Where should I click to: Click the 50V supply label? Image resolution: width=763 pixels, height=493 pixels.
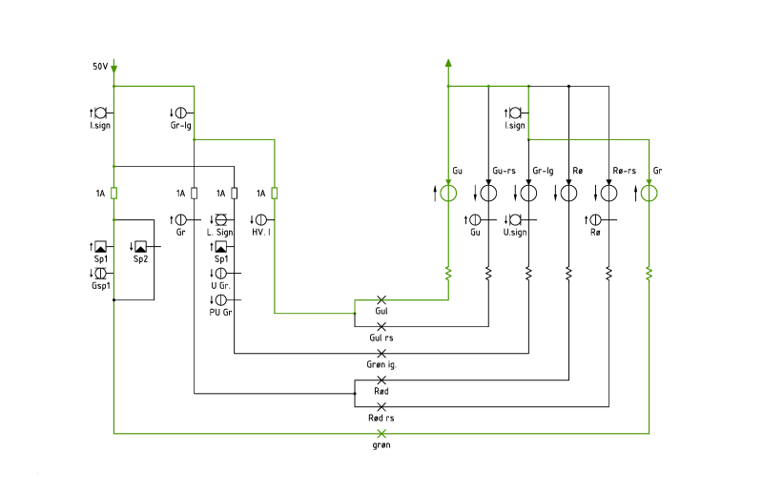[x=100, y=66]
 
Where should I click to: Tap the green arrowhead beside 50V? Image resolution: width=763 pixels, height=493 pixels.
[x=113, y=70]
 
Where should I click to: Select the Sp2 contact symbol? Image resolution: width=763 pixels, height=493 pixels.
[x=140, y=246]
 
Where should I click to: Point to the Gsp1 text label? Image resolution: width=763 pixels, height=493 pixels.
[x=101, y=286]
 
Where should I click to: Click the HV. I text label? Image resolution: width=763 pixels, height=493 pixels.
[x=261, y=233]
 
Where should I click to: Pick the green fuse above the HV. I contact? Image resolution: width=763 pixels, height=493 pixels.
[x=275, y=194]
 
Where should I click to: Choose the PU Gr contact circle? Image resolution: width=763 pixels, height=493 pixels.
[x=221, y=299]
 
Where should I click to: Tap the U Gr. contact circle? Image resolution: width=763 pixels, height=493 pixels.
[x=221, y=273]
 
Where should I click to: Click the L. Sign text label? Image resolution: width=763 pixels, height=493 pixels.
[x=220, y=233]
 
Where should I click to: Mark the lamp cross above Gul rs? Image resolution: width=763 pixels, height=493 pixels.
[x=381, y=326]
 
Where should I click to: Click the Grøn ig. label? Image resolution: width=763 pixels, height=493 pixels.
[x=381, y=364]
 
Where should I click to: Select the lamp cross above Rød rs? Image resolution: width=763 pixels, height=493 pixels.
[x=381, y=406]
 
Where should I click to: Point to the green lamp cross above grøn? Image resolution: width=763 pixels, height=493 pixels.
[x=381, y=433]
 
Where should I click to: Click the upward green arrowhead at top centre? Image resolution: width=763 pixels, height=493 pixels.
[x=448, y=63]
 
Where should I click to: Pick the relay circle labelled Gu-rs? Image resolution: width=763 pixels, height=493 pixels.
[x=488, y=194]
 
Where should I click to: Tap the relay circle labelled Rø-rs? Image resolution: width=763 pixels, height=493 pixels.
[x=608, y=194]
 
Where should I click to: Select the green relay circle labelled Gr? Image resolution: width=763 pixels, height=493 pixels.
[x=649, y=194]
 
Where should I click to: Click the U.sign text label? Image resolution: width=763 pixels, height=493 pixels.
[x=515, y=233]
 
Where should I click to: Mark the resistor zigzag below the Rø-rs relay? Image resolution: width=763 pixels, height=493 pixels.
[x=608, y=274]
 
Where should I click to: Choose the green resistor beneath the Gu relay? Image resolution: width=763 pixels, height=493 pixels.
[x=448, y=274]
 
